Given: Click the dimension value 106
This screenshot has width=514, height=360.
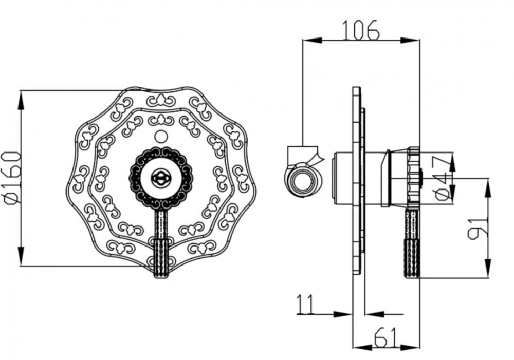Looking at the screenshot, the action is (x=361, y=30).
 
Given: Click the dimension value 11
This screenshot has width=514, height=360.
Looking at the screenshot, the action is (x=305, y=304).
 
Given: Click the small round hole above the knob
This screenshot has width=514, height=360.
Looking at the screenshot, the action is (x=160, y=136).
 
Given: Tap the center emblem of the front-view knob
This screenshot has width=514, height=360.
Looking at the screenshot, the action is (x=160, y=178).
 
